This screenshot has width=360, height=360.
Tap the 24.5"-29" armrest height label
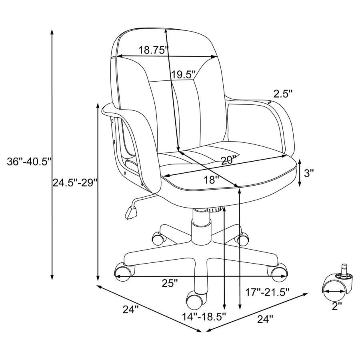75,183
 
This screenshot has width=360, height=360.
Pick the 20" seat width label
228,160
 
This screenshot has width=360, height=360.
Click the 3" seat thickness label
309,173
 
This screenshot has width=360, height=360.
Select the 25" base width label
170,283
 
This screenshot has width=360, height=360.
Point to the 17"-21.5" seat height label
267,292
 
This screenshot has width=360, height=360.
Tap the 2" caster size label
337,306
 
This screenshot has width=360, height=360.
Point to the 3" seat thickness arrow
300,173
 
